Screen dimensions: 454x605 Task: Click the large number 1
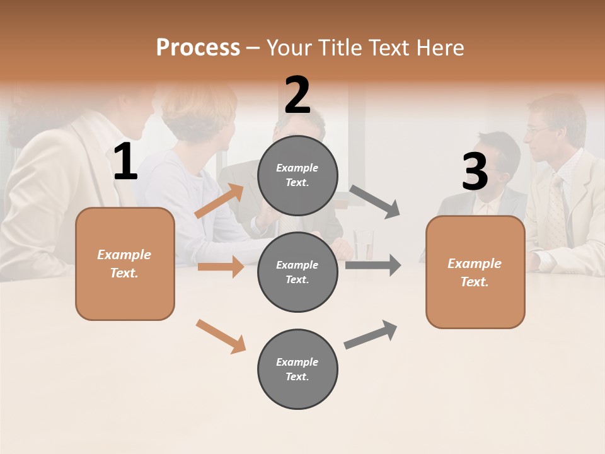tap(125, 162)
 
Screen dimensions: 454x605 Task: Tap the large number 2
tap(297, 96)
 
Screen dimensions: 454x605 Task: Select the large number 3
tap(475, 172)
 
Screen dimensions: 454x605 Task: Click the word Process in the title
tap(198, 47)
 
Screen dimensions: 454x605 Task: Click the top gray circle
tap(297, 175)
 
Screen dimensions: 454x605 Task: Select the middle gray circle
tap(297, 272)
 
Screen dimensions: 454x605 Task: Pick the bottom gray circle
tap(297, 369)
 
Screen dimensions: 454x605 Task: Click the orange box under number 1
tap(125, 264)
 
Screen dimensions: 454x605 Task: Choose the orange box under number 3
tap(475, 272)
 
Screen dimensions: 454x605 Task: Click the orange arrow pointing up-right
tap(219, 201)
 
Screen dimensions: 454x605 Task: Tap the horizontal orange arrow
tap(220, 267)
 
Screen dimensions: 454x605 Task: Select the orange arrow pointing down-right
tap(221, 336)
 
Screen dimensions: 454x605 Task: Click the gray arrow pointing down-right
tap(375, 202)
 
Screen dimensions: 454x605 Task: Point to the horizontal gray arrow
tap(372, 265)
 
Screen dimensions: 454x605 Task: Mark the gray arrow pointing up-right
tap(371, 335)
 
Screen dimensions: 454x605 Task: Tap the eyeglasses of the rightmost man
tap(538, 129)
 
